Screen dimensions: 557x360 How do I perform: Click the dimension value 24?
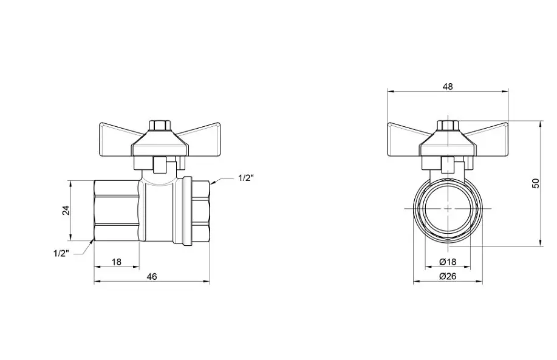[x=66, y=211]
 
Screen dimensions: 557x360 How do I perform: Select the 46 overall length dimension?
[x=152, y=277]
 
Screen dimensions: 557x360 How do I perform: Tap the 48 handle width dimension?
[x=448, y=86]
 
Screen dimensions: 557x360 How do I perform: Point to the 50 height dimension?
[x=536, y=183]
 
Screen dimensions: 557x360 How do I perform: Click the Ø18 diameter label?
[x=448, y=262]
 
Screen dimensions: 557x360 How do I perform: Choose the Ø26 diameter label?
[x=448, y=276]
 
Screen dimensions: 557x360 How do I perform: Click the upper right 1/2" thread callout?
[x=246, y=178]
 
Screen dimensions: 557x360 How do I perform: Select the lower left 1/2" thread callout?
[x=61, y=253]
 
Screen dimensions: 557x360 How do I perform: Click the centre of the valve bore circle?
[x=448, y=209]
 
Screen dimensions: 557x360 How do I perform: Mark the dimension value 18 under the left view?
[x=117, y=262]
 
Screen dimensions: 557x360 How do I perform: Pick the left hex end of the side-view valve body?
[x=117, y=211]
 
